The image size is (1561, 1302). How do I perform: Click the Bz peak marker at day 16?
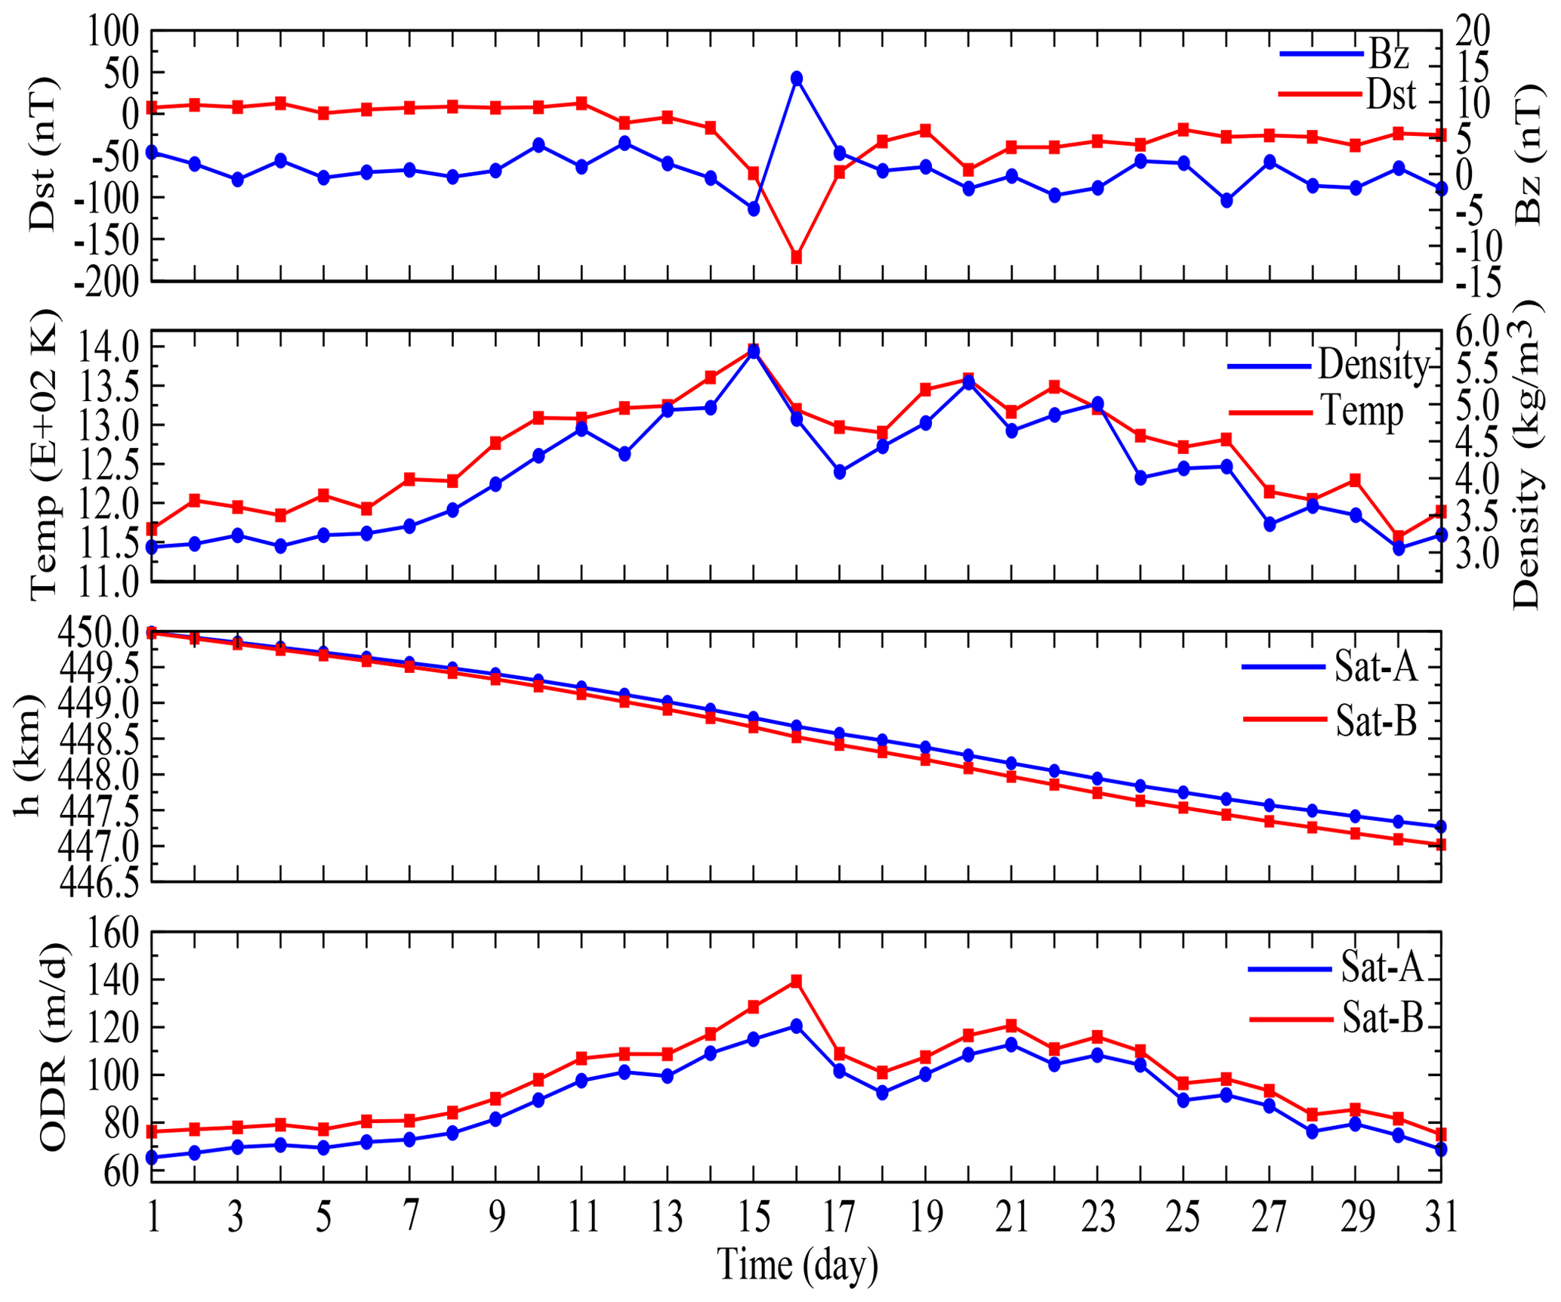click(x=796, y=79)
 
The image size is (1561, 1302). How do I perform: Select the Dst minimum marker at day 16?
click(x=796, y=257)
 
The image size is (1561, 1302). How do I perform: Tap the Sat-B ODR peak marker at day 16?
click(x=796, y=981)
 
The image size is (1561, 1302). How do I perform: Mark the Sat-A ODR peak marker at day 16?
click(x=796, y=1026)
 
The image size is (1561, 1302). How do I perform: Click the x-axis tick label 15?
click(x=753, y=1217)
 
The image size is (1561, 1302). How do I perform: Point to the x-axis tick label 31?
click(x=1441, y=1217)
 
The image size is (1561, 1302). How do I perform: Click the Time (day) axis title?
click(x=797, y=1266)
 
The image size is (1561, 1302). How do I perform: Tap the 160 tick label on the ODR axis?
click(x=113, y=934)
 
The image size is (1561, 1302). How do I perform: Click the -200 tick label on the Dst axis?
click(x=106, y=282)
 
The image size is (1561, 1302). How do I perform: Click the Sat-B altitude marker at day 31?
click(x=1441, y=844)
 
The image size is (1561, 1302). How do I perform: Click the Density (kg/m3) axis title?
click(x=1526, y=453)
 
